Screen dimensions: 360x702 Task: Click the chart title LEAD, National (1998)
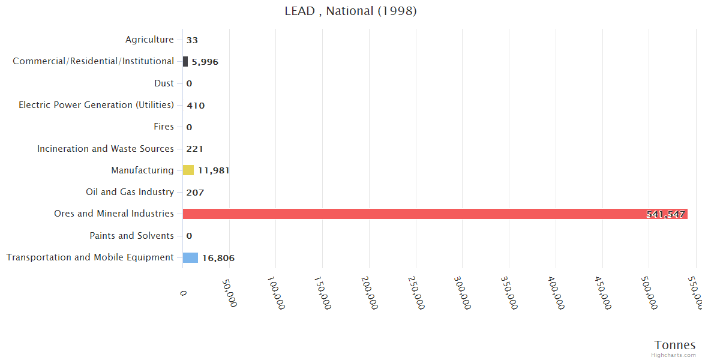[x=350, y=11]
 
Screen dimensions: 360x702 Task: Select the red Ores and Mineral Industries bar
[x=434, y=214]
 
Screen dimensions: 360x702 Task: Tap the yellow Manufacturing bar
[x=188, y=170]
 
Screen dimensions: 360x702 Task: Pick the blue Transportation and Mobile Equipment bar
[x=190, y=257]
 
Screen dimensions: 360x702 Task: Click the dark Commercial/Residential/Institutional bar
[x=185, y=61]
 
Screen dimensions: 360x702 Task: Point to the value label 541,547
[x=665, y=214]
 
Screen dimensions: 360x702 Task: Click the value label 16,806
[x=218, y=258]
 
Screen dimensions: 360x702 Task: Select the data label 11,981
[x=214, y=170]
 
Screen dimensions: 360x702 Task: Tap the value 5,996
[x=205, y=62]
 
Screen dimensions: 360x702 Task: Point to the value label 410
[x=196, y=106]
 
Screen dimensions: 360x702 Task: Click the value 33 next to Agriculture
[x=192, y=40]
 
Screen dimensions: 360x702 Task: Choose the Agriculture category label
[x=149, y=40]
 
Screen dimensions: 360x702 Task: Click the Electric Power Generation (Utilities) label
[x=96, y=105]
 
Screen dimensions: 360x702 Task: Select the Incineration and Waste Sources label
[x=106, y=148]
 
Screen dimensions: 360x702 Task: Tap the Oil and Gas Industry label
[x=130, y=192]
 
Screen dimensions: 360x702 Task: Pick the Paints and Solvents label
[x=131, y=236]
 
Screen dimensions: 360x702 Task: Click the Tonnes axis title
[x=675, y=345]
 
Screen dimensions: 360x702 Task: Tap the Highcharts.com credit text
[x=674, y=355]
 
